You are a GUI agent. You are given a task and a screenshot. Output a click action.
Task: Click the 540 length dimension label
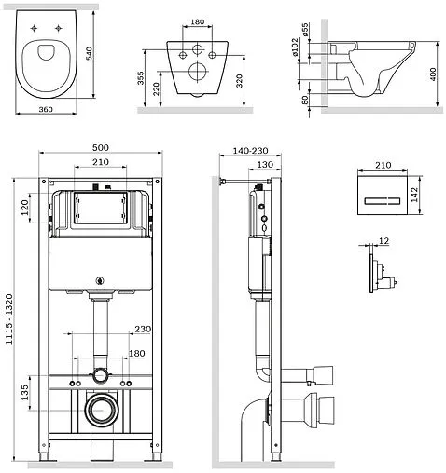click(90, 53)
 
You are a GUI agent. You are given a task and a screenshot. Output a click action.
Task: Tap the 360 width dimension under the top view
click(46, 109)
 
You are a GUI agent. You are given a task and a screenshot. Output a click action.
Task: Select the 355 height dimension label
click(141, 78)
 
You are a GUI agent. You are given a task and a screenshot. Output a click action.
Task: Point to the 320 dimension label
click(239, 81)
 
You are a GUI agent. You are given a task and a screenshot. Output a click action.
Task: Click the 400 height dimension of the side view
click(433, 74)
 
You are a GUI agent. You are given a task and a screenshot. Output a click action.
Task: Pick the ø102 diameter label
click(295, 47)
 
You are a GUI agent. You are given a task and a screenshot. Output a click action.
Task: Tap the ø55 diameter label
click(305, 30)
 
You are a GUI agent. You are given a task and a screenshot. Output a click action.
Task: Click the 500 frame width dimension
click(101, 147)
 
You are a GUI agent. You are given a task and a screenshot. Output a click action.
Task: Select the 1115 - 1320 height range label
click(9, 319)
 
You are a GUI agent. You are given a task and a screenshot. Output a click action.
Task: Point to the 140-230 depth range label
click(250, 151)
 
